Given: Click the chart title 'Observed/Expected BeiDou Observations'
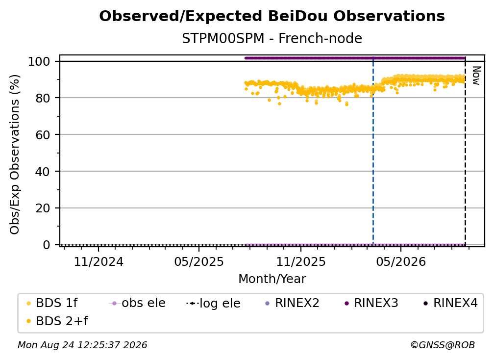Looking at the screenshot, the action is [272, 16].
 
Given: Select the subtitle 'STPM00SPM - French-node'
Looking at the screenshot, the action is [272, 38].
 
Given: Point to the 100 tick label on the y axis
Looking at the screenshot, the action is [39, 61].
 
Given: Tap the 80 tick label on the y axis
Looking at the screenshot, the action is [43, 98].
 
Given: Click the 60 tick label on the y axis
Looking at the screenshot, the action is [43, 135].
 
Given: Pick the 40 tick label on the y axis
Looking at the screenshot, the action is [43, 172].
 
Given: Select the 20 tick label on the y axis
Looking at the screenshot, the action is [43, 208].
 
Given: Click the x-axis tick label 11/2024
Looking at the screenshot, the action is [99, 261].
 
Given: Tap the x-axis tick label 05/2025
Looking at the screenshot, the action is [199, 261].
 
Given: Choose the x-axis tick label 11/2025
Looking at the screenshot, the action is [301, 261].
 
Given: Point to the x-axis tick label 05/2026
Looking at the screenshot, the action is [401, 261].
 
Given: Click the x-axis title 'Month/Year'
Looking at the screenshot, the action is [272, 279].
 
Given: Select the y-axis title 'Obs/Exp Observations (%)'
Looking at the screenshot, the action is [15, 154].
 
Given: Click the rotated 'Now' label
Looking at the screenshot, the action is [476, 76].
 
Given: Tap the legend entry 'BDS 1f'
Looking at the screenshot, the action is [52, 303].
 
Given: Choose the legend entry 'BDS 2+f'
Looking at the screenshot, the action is [57, 321].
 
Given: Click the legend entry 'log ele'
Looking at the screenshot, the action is [213, 303].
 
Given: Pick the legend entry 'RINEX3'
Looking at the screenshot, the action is [371, 303].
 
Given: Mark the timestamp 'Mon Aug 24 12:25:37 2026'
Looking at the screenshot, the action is [82, 345].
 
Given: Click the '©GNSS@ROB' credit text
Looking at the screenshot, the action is [443, 345].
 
